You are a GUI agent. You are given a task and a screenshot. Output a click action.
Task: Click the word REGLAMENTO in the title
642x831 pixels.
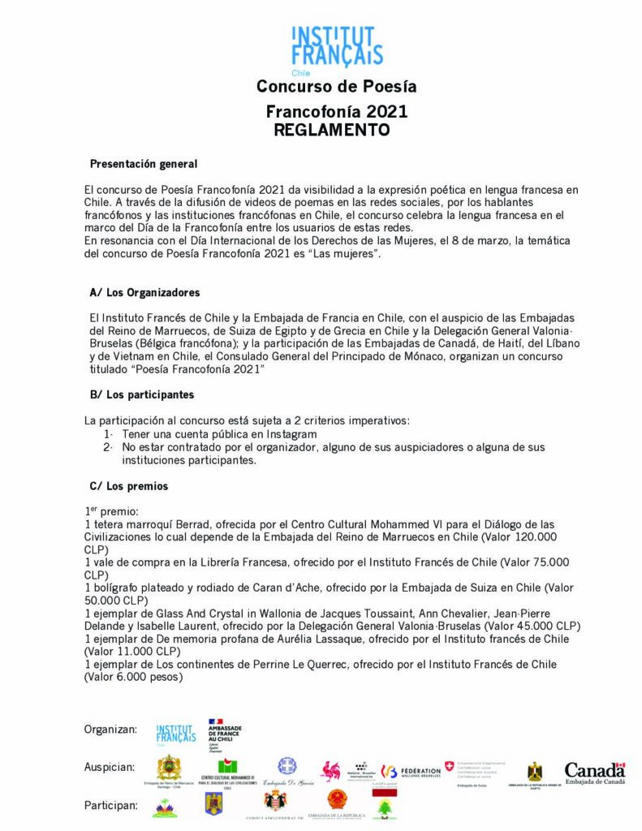[x=332, y=130]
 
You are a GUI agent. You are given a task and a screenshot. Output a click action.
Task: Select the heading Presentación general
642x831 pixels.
[x=143, y=164]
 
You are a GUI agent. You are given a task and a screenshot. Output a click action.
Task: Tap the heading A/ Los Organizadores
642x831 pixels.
[x=144, y=292]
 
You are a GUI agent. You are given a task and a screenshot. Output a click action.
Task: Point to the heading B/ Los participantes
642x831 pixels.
[x=141, y=395]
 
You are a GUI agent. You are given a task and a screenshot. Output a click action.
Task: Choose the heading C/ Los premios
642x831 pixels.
[x=129, y=487]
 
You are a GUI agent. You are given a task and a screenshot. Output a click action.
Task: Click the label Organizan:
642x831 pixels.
[x=110, y=730]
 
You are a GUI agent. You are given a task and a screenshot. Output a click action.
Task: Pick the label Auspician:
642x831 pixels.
[x=110, y=767]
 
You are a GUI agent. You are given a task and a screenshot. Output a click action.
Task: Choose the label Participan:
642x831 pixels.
[x=110, y=805]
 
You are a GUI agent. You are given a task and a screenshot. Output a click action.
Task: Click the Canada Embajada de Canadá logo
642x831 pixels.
[x=595, y=773]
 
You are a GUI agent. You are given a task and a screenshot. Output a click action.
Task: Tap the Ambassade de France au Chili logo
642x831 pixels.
[x=224, y=731]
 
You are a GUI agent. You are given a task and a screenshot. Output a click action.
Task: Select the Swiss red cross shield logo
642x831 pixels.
[x=449, y=766]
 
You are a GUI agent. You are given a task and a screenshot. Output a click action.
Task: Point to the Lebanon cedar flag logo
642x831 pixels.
[x=384, y=808]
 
